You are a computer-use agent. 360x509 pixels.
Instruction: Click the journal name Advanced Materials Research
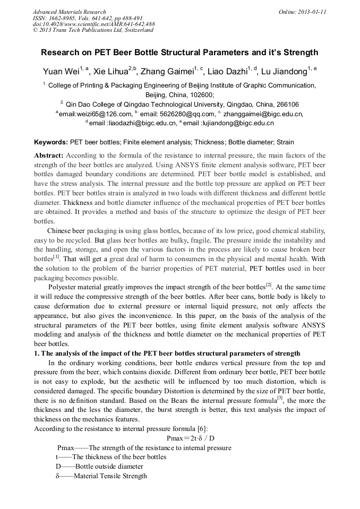click(x=69, y=12)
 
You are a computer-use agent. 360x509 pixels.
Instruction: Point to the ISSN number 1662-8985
click(x=63, y=18)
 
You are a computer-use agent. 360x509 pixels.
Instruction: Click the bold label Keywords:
click(x=50, y=142)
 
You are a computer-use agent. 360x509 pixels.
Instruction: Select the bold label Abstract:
click(x=49, y=156)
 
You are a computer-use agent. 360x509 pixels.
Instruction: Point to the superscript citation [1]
click(x=56, y=256)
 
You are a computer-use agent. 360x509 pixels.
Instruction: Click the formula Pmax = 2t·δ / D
click(x=191, y=438)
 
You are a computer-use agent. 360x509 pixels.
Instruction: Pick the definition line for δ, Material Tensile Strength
click(x=101, y=476)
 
